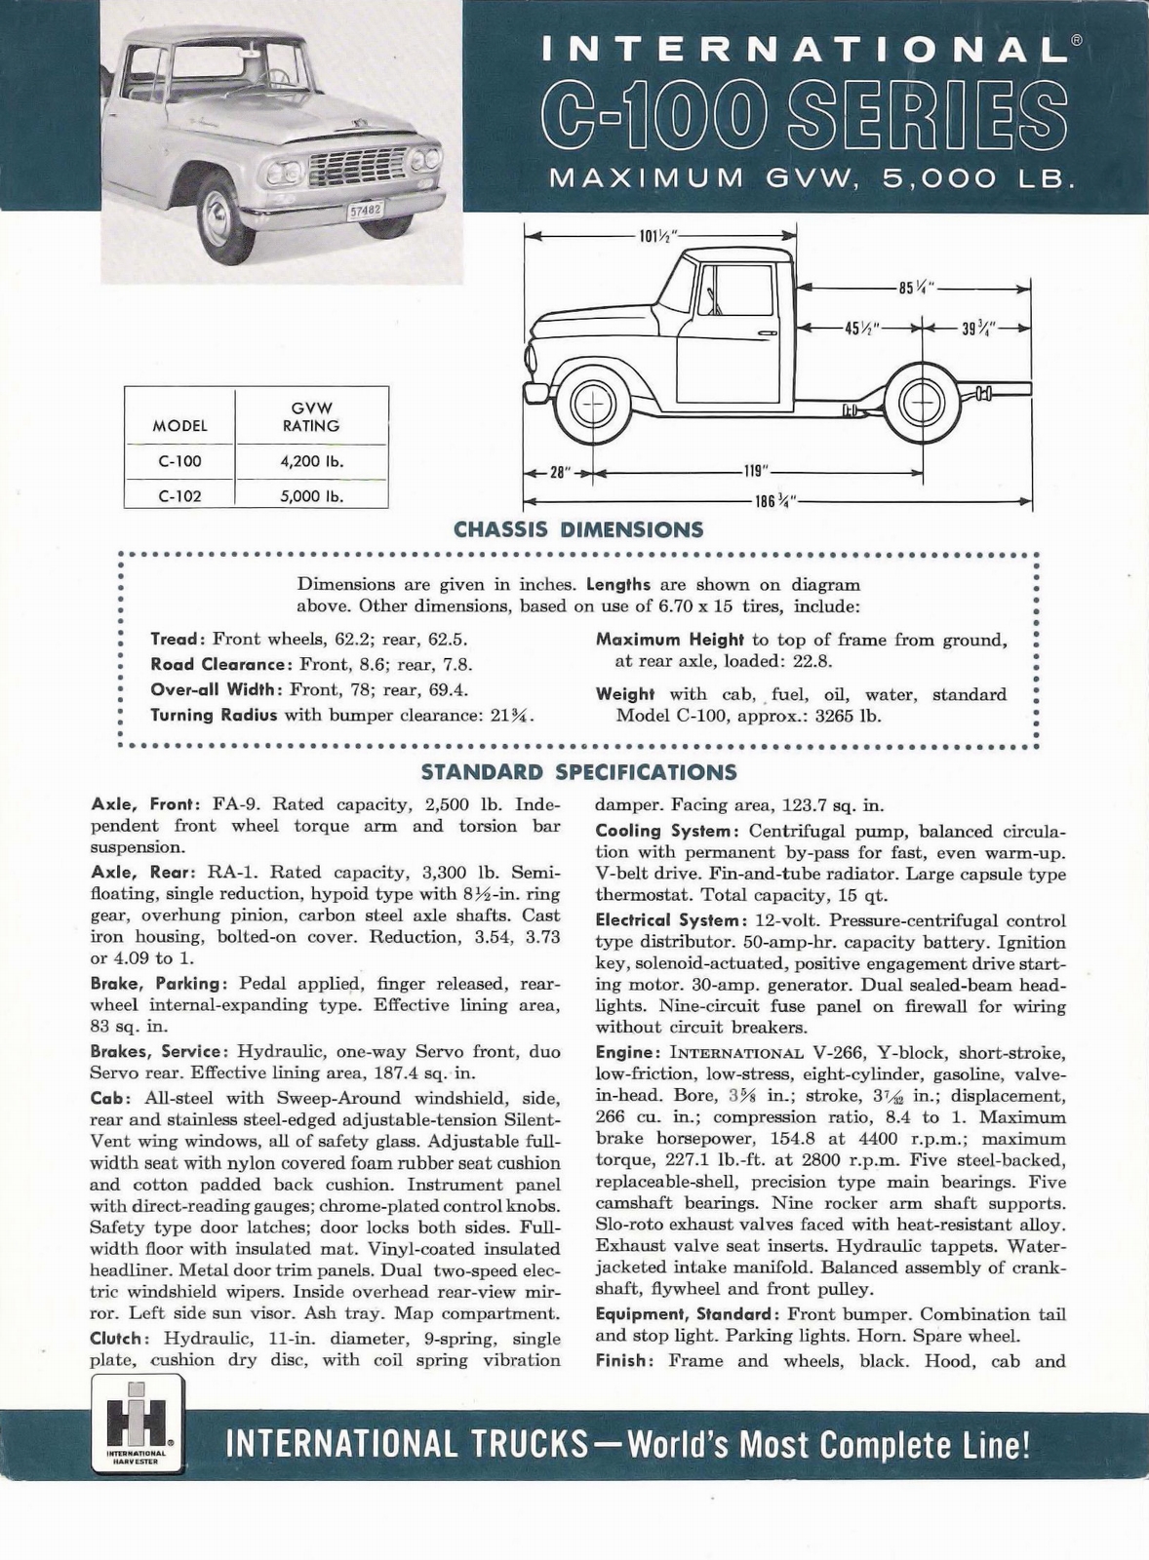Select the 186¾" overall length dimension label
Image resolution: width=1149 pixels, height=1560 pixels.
776,501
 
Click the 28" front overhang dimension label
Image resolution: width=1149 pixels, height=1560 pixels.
558,472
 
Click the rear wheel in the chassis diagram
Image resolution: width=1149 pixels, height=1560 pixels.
923,407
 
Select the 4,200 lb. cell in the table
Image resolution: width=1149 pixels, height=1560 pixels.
311,461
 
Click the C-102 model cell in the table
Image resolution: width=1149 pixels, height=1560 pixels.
179,495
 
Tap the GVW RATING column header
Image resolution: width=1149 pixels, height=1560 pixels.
311,417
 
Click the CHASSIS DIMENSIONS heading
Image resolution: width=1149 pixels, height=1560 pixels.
578,530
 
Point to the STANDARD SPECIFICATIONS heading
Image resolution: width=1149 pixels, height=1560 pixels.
578,773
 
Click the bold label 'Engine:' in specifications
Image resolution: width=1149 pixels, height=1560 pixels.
625,1053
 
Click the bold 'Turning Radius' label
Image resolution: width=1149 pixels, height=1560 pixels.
214,715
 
